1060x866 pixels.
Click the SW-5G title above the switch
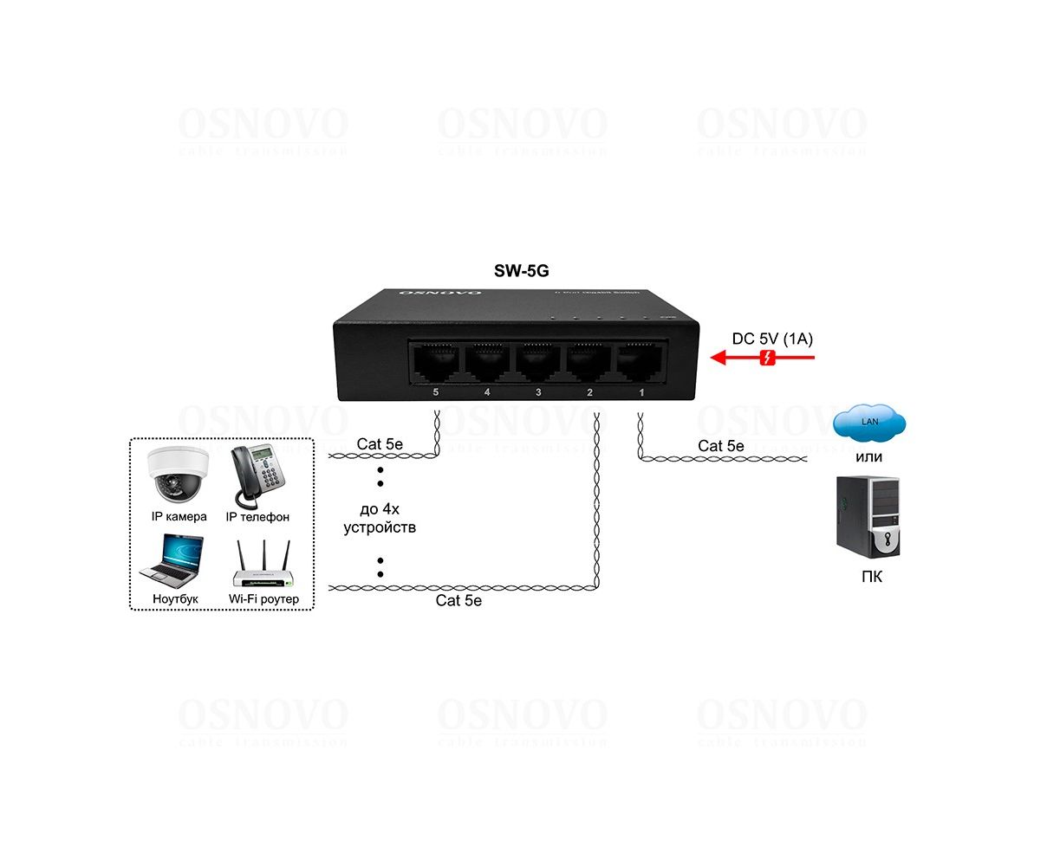pyautogui.click(x=521, y=270)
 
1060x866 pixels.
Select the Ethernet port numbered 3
pyautogui.click(x=538, y=362)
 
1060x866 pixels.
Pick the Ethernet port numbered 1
pyautogui.click(x=640, y=362)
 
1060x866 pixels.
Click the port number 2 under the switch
pyautogui.click(x=590, y=393)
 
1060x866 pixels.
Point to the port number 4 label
pyautogui.click(x=487, y=393)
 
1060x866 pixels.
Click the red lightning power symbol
pyautogui.click(x=767, y=358)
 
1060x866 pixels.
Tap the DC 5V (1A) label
pyautogui.click(x=772, y=339)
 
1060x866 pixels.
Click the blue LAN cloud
pyautogui.click(x=869, y=423)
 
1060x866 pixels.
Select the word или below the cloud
pyautogui.click(x=869, y=457)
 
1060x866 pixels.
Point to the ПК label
pyautogui.click(x=872, y=577)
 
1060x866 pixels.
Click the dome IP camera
pyautogui.click(x=179, y=475)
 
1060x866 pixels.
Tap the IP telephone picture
pyautogui.click(x=257, y=475)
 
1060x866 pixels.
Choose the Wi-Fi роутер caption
pyautogui.click(x=263, y=598)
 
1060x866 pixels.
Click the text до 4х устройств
pyautogui.click(x=380, y=518)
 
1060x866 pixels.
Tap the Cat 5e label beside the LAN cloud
pyautogui.click(x=721, y=446)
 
